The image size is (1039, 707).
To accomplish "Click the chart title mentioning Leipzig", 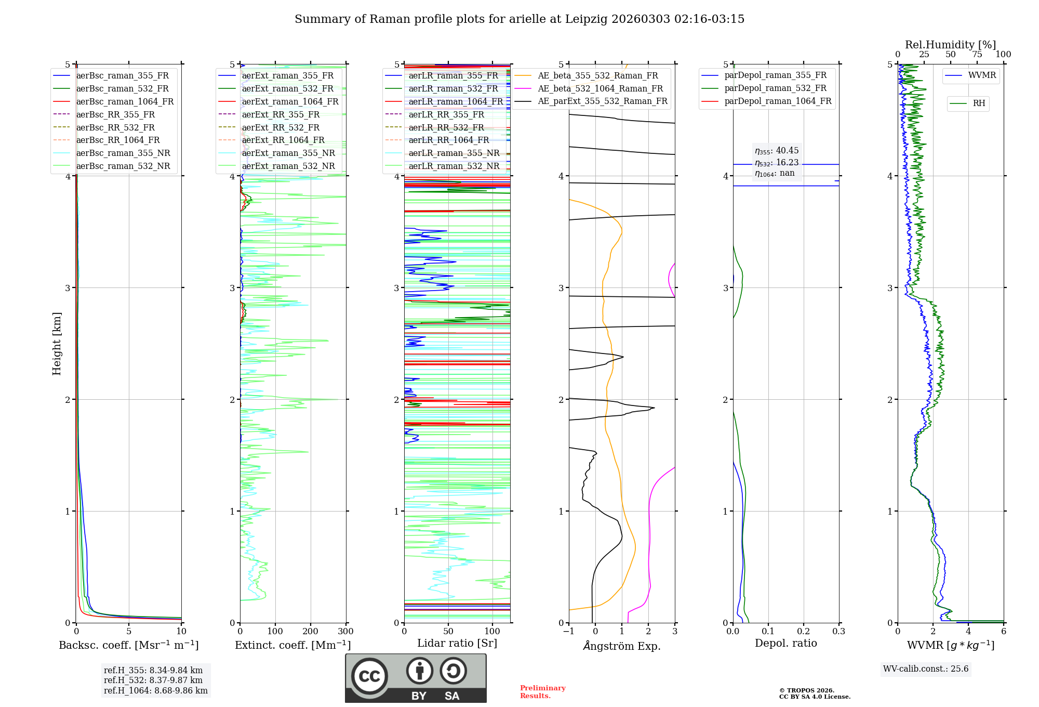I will coord(519,19).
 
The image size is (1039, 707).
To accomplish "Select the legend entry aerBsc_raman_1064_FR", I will coord(125,101).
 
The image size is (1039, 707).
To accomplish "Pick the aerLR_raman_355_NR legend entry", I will coord(454,153).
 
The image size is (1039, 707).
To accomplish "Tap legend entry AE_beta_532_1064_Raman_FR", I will coord(600,88).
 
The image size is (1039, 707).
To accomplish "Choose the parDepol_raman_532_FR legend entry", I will coord(775,88).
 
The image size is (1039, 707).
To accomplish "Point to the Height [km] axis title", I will coord(57,343).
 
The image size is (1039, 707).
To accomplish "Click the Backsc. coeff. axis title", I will coord(128,645).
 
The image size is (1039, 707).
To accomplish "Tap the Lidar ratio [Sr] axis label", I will coord(457,643).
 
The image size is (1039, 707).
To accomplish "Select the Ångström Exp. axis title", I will coord(622,646).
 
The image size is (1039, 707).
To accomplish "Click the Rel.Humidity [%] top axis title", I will coord(950,45).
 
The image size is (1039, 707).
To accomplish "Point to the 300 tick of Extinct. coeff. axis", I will coord(345,632).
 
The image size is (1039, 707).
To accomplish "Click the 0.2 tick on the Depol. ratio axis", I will coord(804,632).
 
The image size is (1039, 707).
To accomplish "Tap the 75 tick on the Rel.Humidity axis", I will coord(977,55).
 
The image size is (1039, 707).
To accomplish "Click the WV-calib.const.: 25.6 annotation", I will coord(926,669).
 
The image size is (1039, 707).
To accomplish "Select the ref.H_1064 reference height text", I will coord(155,691).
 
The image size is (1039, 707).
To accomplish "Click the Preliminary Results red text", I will coord(542,692).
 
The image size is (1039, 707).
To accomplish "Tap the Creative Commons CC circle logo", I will coord(369,676).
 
